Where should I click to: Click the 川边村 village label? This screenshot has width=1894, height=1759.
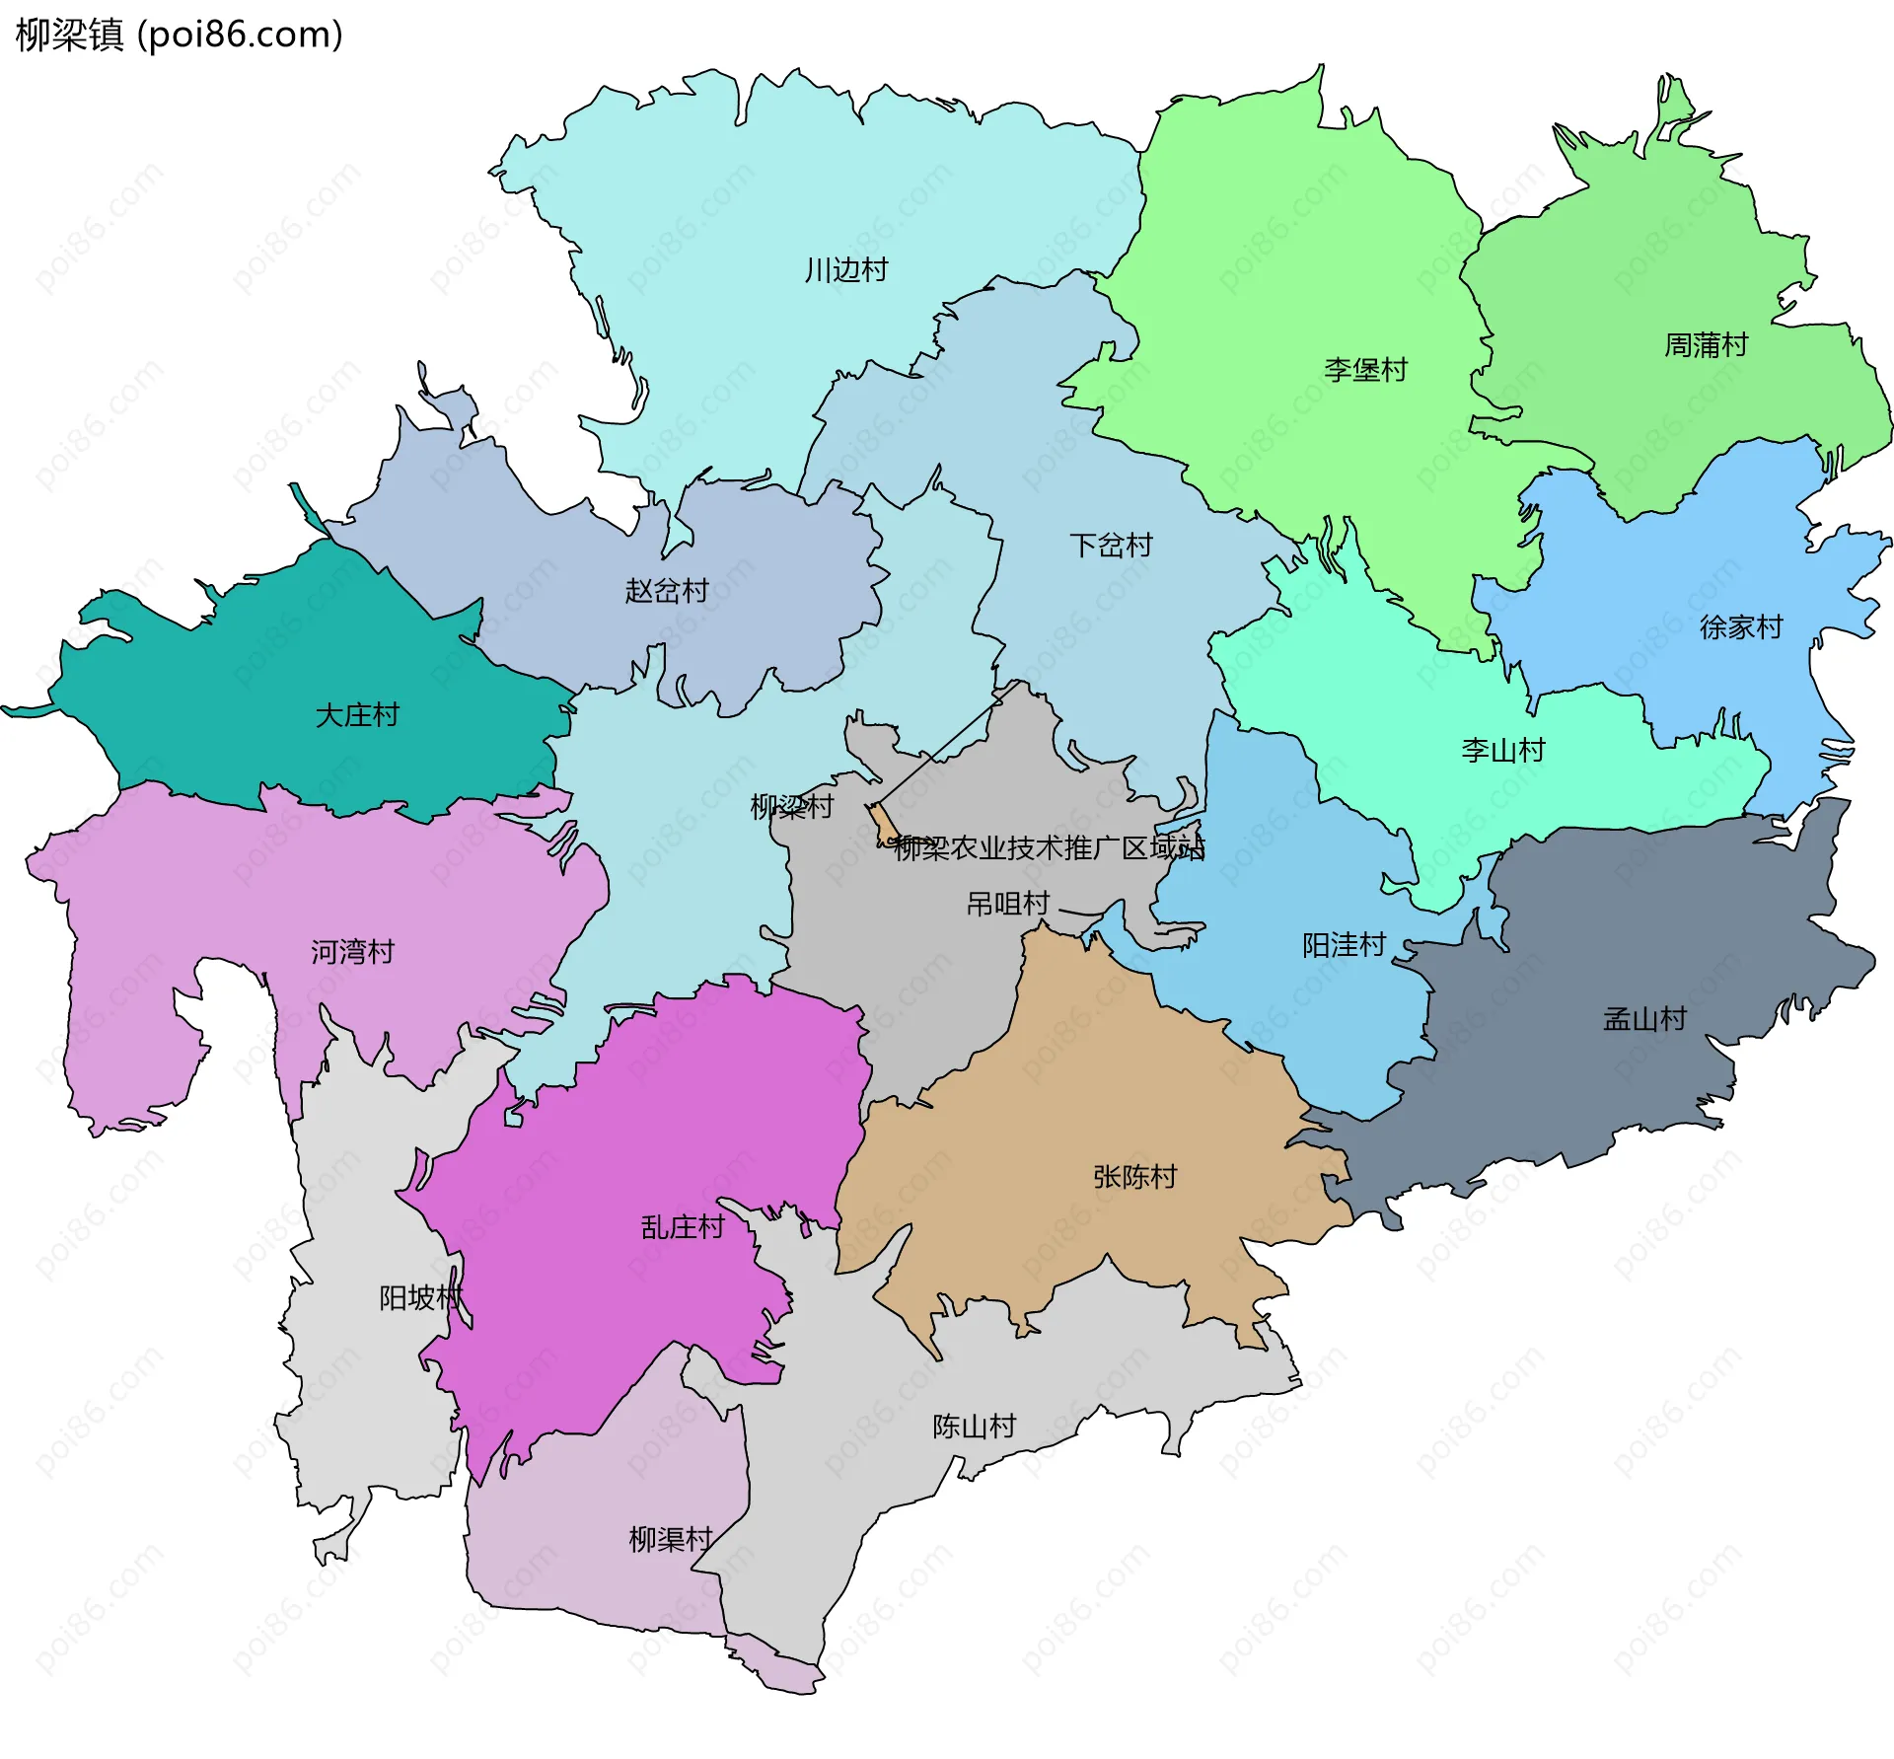846,269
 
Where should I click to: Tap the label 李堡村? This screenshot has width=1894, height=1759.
1365,370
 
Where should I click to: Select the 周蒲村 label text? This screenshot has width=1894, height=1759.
1706,345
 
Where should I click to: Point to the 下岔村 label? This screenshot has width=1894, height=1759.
1111,546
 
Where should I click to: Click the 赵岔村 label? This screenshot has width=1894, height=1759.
667,591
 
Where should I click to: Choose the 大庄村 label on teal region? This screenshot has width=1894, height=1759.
357,715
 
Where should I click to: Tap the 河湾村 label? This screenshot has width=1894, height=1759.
352,952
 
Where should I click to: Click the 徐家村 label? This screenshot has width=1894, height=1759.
1741,627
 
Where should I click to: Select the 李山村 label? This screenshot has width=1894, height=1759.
1502,751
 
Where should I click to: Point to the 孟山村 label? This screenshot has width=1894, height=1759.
1644,1019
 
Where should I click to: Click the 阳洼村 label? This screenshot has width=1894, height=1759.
1344,945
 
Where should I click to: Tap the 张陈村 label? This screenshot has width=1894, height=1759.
1134,1177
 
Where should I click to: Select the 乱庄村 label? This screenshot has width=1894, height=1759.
683,1227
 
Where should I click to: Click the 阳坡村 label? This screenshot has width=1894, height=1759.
420,1297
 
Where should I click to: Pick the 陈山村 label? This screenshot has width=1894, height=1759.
974,1427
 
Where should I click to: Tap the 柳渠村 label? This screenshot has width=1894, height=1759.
671,1539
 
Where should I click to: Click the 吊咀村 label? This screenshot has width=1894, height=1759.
1007,904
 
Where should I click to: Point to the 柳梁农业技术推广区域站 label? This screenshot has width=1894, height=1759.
1049,848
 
